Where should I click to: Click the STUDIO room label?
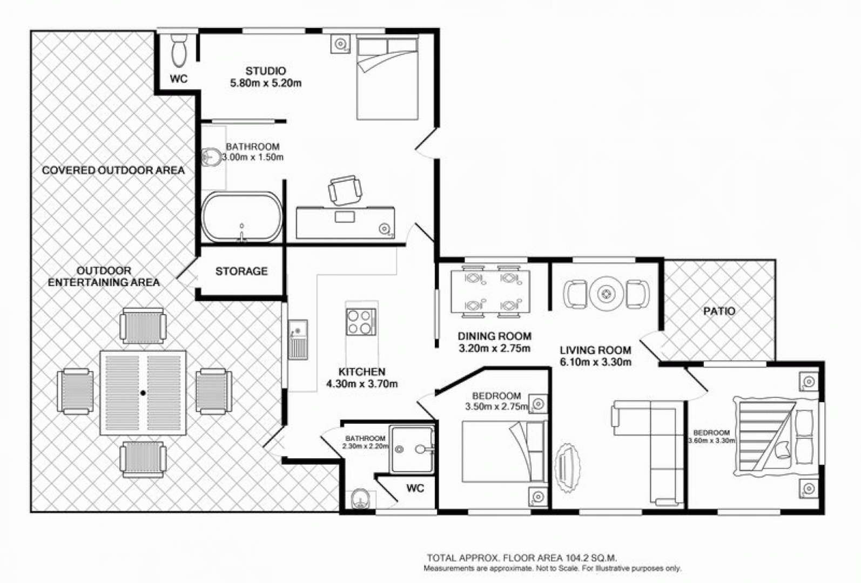265,71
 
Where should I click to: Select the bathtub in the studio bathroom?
242,216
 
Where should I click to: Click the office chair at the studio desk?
345,190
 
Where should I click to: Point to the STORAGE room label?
241,271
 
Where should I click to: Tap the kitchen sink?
298,339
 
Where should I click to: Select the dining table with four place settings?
490,291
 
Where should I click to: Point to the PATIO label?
719,311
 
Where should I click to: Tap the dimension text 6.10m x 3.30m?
595,362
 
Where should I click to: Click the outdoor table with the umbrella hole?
143,393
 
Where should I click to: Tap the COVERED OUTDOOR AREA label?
113,171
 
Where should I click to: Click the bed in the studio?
387,78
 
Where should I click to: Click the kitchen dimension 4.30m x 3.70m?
362,384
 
